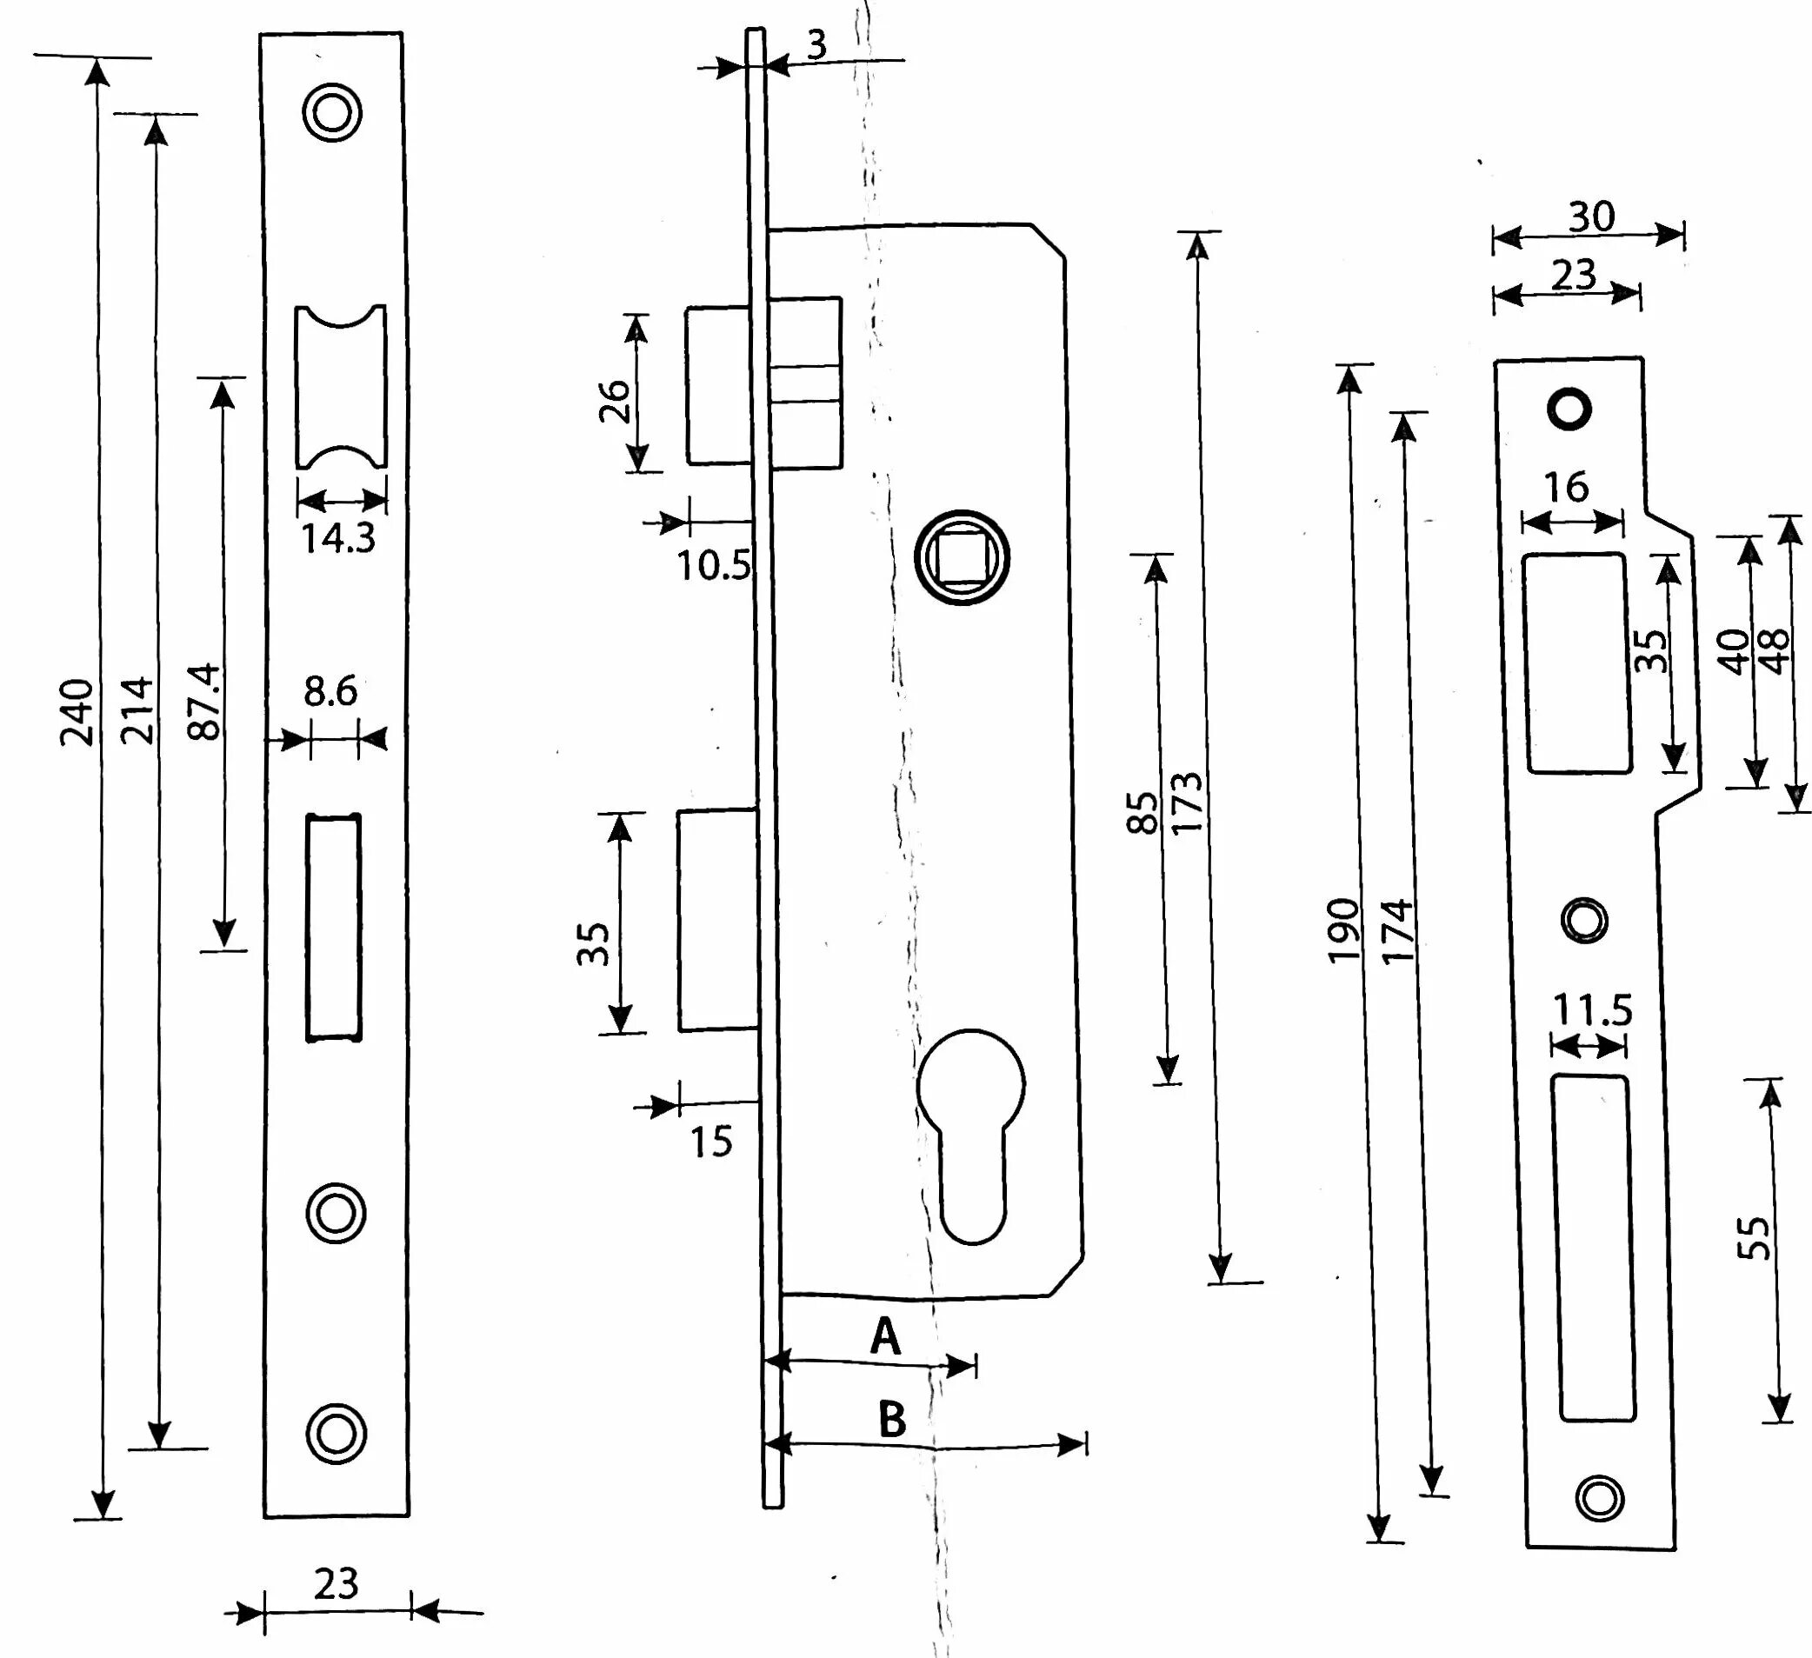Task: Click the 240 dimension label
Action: click(x=77, y=712)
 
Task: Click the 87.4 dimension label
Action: click(x=205, y=702)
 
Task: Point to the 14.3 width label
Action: click(x=337, y=538)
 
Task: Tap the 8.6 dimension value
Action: click(x=330, y=691)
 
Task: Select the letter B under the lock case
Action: click(x=890, y=1421)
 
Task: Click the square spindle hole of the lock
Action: click(x=962, y=557)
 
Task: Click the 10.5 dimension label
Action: click(x=713, y=565)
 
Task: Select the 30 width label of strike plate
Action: click(x=1591, y=216)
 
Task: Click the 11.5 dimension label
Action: click(x=1592, y=1010)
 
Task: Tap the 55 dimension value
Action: click(x=1754, y=1239)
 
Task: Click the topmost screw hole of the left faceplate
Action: click(x=331, y=113)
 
